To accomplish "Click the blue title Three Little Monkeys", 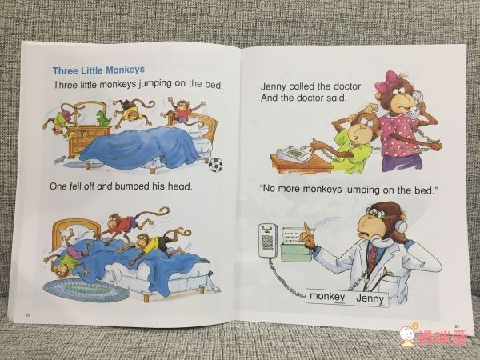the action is pyautogui.click(x=98, y=70).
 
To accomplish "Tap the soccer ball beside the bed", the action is pyautogui.click(x=215, y=165).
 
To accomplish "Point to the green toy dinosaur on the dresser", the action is pyautogui.click(x=104, y=118).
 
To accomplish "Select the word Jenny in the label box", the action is pyautogui.click(x=370, y=298).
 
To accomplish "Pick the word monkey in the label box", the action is pyautogui.click(x=327, y=297).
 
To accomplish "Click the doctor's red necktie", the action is pyautogui.click(x=372, y=256).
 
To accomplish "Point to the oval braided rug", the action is pyautogui.click(x=86, y=290).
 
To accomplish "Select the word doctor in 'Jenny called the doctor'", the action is pyautogui.click(x=347, y=86).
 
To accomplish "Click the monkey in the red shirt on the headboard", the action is pyautogui.click(x=183, y=112).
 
